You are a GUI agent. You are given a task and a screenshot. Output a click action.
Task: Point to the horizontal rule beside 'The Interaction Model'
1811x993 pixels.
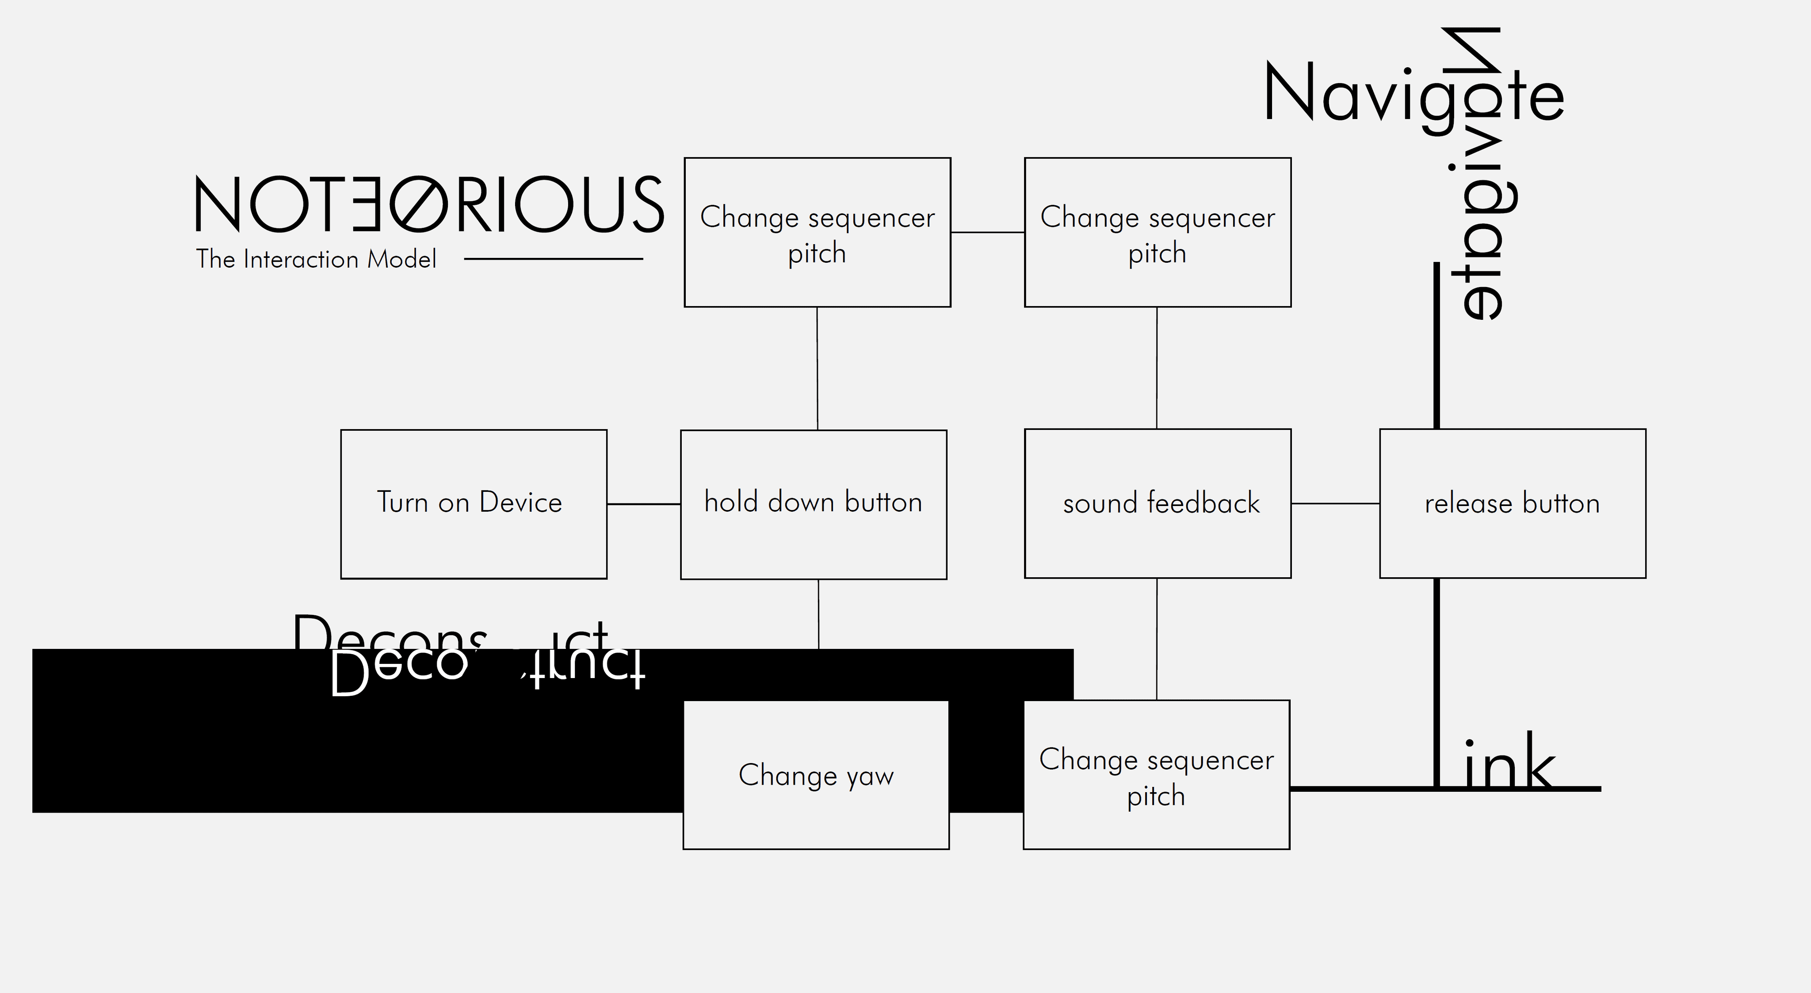point(553,259)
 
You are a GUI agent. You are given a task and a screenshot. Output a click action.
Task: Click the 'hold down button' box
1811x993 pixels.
point(814,504)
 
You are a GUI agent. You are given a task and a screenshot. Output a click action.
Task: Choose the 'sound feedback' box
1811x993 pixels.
point(1157,503)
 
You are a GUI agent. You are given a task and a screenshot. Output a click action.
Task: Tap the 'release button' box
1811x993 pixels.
point(1512,503)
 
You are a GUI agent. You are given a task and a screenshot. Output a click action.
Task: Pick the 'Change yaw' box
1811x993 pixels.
point(815,775)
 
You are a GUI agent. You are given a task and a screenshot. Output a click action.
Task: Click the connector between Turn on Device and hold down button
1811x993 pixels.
point(643,504)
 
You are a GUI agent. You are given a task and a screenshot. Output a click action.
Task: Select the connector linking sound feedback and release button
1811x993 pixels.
point(1335,503)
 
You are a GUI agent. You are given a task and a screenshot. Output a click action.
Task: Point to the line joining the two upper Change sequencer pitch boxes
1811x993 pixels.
point(987,232)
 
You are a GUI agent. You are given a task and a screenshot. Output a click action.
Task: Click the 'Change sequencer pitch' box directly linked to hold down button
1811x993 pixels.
point(817,233)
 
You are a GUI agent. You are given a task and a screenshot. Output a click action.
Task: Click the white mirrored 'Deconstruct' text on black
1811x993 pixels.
point(485,670)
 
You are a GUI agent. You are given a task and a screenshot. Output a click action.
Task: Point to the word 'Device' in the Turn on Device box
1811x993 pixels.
point(520,502)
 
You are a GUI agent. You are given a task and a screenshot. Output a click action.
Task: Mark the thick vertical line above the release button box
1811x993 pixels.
point(1436,345)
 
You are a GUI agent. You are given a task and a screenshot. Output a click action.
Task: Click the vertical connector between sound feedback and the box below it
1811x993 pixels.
point(1157,639)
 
